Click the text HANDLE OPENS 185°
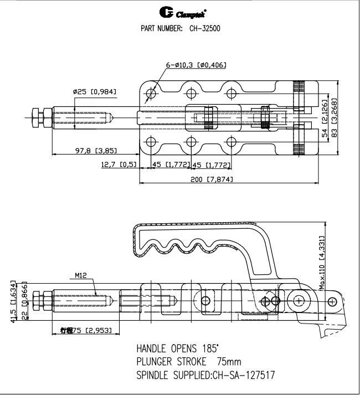click(x=177, y=349)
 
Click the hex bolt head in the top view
click(x=37, y=118)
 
